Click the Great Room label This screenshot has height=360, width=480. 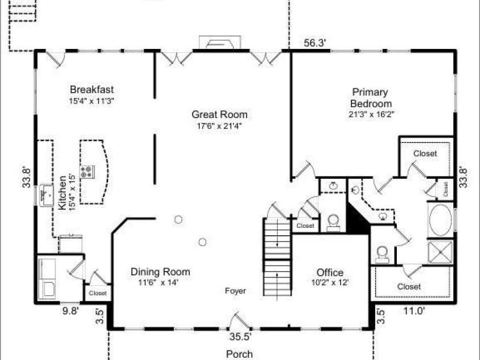[x=219, y=114]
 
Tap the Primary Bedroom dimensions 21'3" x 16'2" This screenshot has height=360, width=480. [x=371, y=114]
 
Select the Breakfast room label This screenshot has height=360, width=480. [x=92, y=89]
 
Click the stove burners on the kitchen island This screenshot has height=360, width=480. [x=87, y=171]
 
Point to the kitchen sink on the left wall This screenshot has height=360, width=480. [x=47, y=195]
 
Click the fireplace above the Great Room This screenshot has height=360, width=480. [x=220, y=43]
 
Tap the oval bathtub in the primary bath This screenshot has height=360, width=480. [x=440, y=220]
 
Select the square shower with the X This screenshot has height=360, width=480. [x=440, y=252]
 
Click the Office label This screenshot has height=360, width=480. [x=330, y=272]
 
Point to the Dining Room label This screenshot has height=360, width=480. [x=160, y=272]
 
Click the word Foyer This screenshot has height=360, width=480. [x=235, y=291]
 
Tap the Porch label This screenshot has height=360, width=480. [x=239, y=354]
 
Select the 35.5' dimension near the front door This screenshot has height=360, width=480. [x=240, y=337]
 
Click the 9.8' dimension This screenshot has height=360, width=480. [x=71, y=311]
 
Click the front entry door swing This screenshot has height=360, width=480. [x=240, y=321]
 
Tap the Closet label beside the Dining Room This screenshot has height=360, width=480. [x=98, y=293]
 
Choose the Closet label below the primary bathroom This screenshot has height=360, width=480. [x=409, y=287]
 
